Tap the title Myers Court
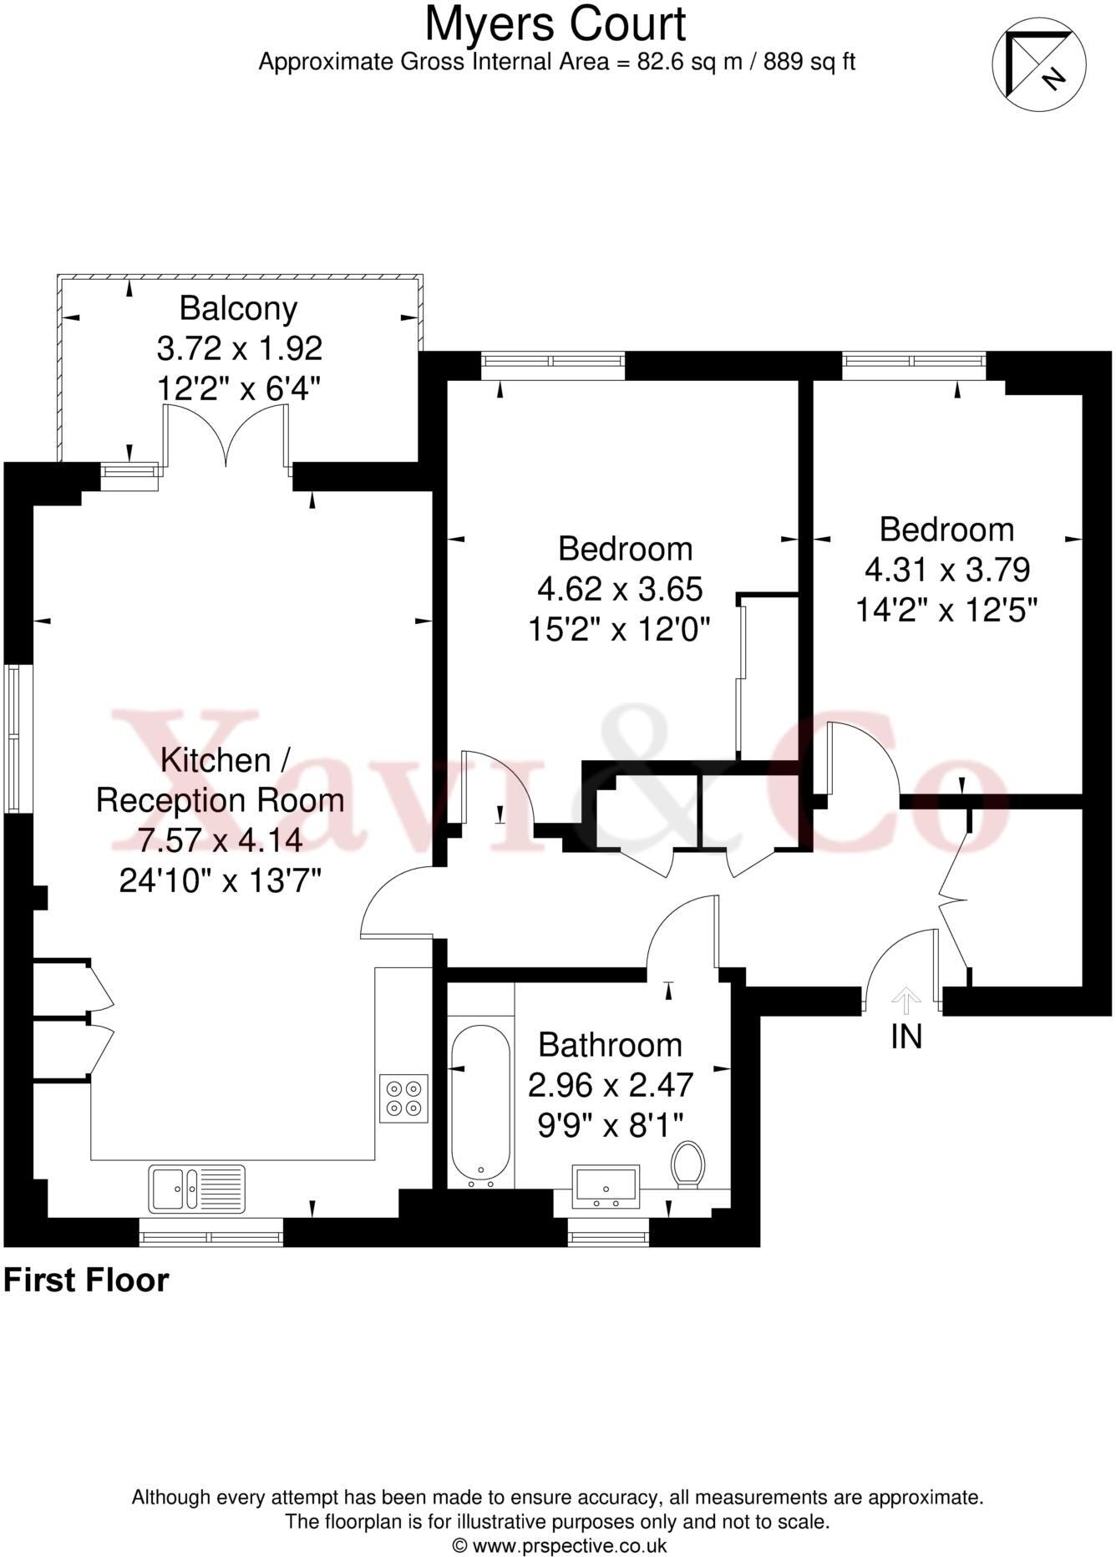tap(555, 24)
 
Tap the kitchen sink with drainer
tap(197, 1189)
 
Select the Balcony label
tap(238, 309)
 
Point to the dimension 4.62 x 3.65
tap(619, 589)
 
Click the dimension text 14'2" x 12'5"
tap(946, 610)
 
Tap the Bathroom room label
tap(610, 1045)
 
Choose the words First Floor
tap(86, 1281)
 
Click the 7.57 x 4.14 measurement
tap(220, 840)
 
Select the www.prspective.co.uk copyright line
tap(559, 1545)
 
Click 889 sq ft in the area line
tap(809, 62)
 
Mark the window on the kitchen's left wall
tap(13, 738)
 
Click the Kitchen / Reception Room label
tap(220, 780)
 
